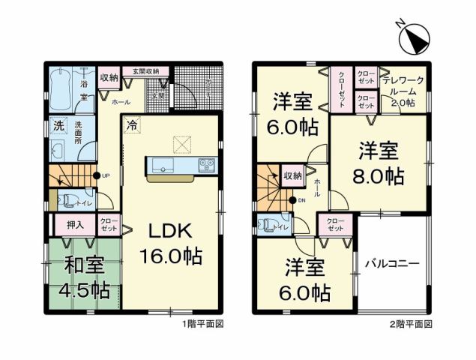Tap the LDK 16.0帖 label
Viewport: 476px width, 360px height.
(170, 243)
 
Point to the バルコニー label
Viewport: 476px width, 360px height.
(392, 263)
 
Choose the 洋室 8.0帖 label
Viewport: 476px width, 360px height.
(379, 163)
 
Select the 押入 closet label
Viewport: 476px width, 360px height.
(65, 224)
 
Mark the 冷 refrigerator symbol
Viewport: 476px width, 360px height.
(131, 125)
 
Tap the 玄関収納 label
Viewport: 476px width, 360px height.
(146, 71)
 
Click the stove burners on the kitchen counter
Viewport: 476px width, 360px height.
(207, 164)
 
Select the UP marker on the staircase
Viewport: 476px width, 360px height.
(106, 176)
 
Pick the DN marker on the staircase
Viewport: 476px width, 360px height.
(303, 200)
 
